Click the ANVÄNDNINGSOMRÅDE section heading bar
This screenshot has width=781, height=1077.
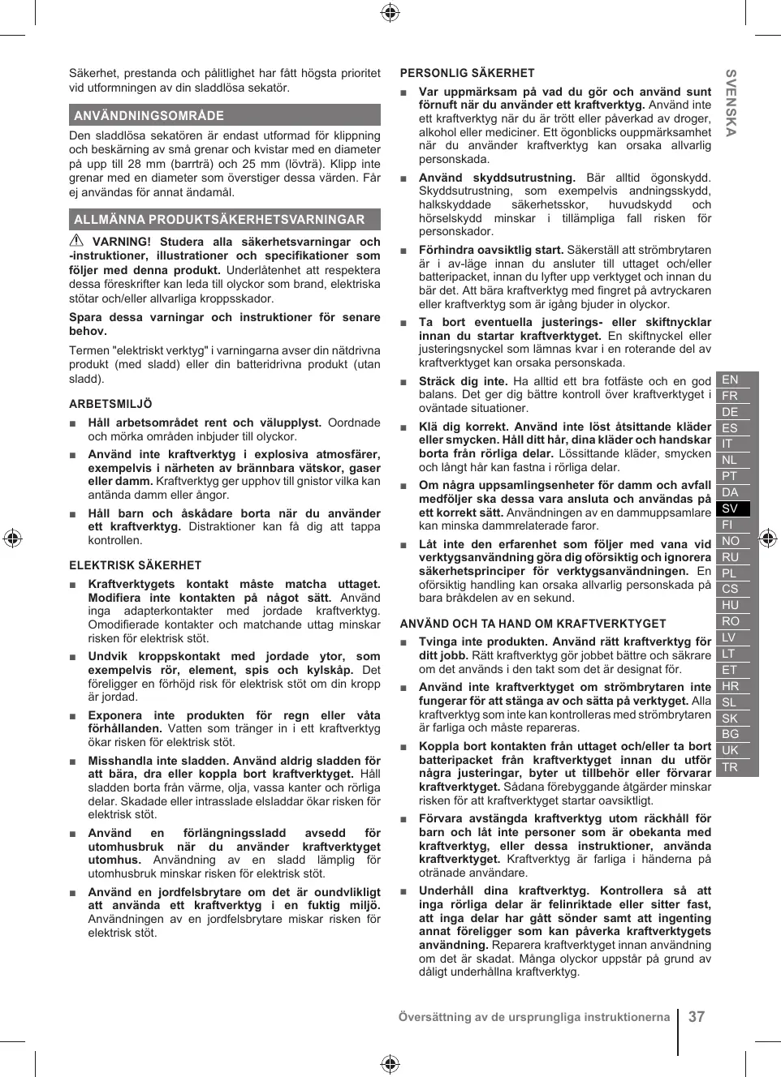point(224,115)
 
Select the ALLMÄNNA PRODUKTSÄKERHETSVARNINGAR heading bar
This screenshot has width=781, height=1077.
point(224,219)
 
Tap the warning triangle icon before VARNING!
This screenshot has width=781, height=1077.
point(76,241)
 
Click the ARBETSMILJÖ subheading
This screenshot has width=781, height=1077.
point(110,404)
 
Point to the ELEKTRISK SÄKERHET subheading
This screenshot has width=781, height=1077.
point(135,565)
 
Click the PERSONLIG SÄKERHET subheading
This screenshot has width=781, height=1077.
point(467,73)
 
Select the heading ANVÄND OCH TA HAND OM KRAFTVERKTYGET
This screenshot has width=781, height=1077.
point(533,624)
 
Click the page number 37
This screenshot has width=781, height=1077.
point(697,1017)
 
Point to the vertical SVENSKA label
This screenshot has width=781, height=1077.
point(731,103)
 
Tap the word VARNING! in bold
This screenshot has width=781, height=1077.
point(122,242)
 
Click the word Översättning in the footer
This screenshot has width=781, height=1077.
point(436,1017)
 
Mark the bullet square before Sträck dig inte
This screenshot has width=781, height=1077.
point(403,382)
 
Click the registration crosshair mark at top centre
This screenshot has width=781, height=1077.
point(390,11)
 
